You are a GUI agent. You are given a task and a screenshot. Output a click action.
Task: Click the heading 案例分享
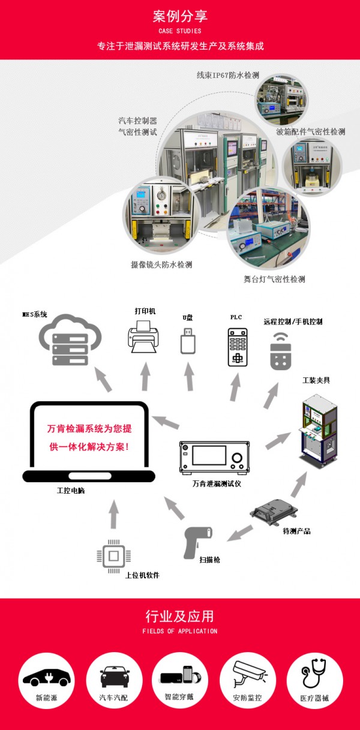180,16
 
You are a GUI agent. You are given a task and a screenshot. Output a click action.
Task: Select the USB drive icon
188,340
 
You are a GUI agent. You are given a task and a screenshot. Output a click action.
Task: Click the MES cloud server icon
70,340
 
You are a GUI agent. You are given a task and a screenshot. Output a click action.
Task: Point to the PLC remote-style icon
238,347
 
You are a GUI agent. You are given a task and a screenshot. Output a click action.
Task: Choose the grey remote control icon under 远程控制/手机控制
280,350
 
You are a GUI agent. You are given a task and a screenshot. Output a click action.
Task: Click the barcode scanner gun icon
199,540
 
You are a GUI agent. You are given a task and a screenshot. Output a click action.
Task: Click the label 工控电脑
71,491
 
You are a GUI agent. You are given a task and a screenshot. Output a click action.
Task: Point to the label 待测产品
296,531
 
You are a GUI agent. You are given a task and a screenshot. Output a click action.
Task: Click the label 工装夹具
316,380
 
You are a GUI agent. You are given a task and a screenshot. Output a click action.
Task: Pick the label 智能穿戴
180,698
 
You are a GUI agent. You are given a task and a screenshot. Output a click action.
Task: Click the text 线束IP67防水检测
228,76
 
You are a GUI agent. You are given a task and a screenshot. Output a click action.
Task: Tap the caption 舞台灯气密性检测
274,279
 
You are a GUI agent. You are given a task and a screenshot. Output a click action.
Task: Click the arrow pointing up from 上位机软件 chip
114,515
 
